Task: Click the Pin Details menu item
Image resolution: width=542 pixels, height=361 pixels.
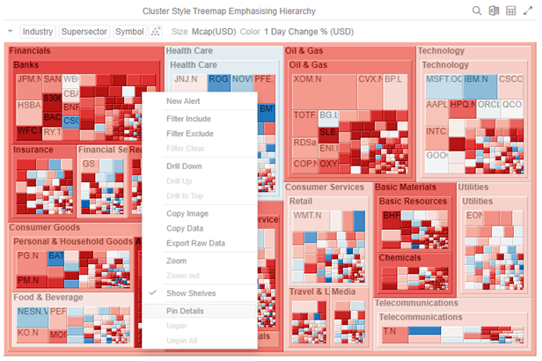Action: pyautogui.click(x=185, y=311)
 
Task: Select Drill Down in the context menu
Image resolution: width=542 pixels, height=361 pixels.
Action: pyautogui.click(x=184, y=166)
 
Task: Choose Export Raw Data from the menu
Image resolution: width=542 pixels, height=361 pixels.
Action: pyautogui.click(x=195, y=243)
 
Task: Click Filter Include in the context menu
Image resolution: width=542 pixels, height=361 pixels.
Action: pyautogui.click(x=188, y=119)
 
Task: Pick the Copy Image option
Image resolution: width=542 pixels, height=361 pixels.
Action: pyautogui.click(x=187, y=214)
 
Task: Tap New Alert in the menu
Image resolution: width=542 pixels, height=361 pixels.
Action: pyautogui.click(x=182, y=101)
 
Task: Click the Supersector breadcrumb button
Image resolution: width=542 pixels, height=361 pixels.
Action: pyautogui.click(x=84, y=32)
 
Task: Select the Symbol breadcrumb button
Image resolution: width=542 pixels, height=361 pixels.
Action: pyautogui.click(x=129, y=32)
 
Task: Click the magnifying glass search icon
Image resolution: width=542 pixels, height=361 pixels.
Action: pyautogui.click(x=477, y=11)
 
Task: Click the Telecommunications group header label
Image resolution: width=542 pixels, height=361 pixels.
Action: pyautogui.click(x=416, y=303)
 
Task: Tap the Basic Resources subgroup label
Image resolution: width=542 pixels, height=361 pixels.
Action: pyautogui.click(x=413, y=202)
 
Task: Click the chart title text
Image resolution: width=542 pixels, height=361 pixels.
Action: pyautogui.click(x=228, y=11)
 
